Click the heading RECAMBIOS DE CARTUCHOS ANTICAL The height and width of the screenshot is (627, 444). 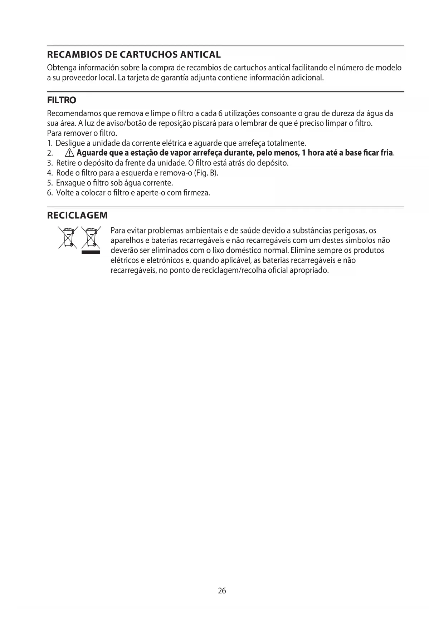pos(134,55)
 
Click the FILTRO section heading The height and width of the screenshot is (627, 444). pos(62,100)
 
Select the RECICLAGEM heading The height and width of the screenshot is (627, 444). pos(77,216)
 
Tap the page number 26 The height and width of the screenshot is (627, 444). pos(222,591)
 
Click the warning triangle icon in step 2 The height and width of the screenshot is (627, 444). pos(69,153)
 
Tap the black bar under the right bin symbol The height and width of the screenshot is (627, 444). pos(91,252)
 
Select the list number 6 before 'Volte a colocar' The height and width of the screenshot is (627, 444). pos(50,193)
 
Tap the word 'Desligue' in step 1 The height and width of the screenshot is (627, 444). pos(70,143)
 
